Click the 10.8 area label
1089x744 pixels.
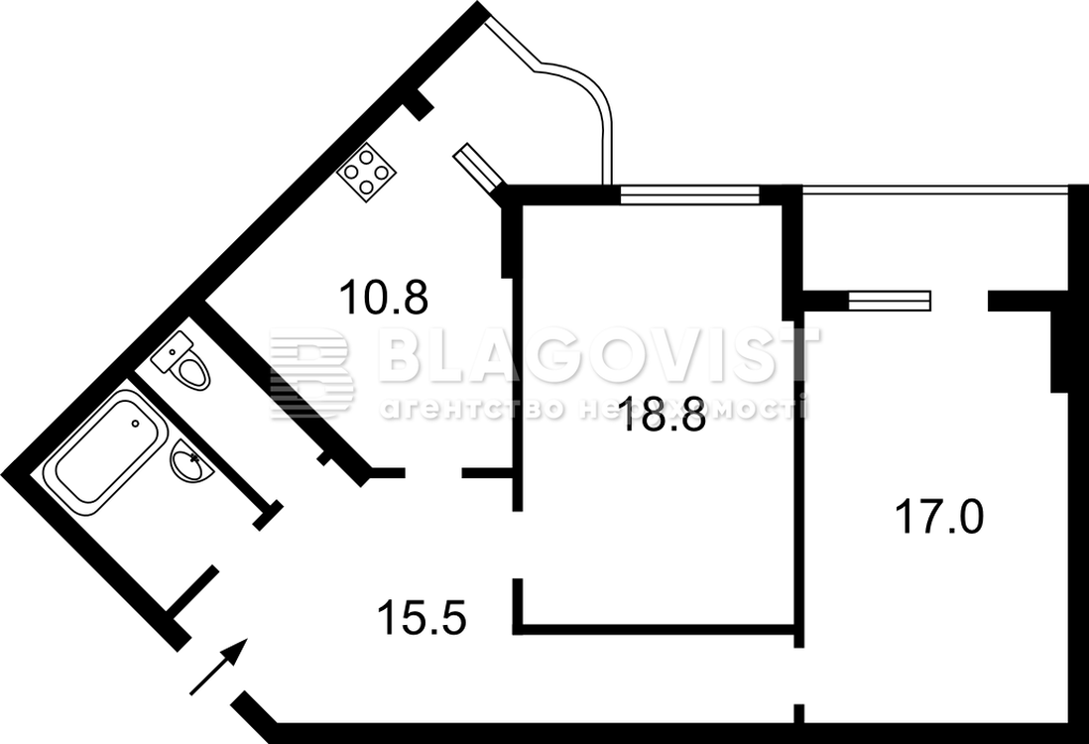[384, 297]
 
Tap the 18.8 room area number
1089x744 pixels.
[664, 414]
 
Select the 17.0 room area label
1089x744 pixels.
[939, 517]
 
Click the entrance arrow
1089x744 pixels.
[218, 667]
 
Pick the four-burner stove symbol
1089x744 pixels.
[367, 173]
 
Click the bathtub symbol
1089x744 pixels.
[105, 451]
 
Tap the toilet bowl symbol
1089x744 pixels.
[191, 370]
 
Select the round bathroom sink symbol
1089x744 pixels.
[191, 461]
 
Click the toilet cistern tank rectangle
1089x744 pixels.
[173, 351]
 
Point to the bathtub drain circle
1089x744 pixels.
[136, 423]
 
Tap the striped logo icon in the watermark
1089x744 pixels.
[311, 373]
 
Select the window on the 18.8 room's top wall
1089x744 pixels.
[689, 195]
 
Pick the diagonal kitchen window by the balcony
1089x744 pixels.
[476, 168]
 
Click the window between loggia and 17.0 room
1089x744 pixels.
[889, 301]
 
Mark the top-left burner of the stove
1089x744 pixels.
[352, 173]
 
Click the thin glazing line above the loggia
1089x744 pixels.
[935, 186]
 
